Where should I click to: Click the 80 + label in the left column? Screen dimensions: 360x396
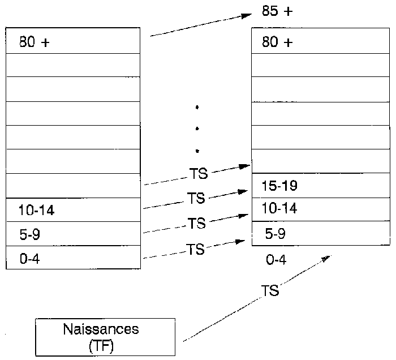[x=35, y=42]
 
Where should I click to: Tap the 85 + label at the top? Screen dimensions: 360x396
[x=277, y=11]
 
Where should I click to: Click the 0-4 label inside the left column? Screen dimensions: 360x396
[x=29, y=259]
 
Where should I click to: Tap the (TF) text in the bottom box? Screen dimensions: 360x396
[x=101, y=345]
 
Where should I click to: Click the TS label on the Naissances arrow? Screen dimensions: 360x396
[x=270, y=291]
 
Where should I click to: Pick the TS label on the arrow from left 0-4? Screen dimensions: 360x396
[x=196, y=249]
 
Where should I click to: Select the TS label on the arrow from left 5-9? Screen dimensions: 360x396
[x=197, y=224]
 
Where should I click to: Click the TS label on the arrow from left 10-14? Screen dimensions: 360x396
[x=196, y=199]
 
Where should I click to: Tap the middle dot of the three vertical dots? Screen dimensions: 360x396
[x=197, y=129]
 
